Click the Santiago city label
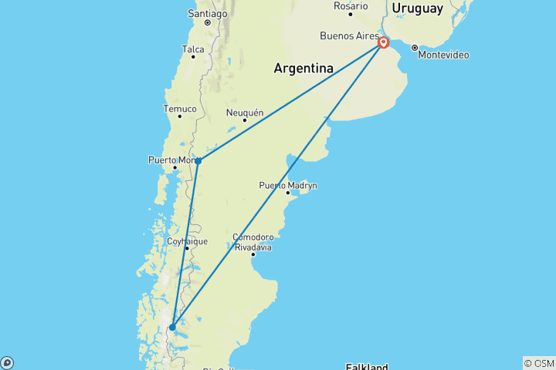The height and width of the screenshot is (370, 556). click(208, 14)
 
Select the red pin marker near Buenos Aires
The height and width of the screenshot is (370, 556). click(383, 43)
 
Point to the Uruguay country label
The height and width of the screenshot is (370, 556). click(417, 8)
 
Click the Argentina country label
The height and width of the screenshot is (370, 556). click(303, 68)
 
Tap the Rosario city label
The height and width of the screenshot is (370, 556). click(351, 5)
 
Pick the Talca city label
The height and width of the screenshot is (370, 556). click(192, 49)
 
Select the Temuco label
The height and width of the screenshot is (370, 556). click(180, 109)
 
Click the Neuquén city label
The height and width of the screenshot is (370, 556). click(244, 113)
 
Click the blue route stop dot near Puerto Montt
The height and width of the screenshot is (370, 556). click(198, 160)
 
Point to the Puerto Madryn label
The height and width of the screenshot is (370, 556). click(287, 185)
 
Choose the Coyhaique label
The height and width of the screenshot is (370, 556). click(187, 241)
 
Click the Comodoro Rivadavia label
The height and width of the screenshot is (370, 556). click(253, 242)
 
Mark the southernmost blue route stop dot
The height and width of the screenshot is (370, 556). click(172, 327)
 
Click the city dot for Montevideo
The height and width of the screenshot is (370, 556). click(415, 48)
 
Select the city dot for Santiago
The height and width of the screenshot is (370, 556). click(208, 23)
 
